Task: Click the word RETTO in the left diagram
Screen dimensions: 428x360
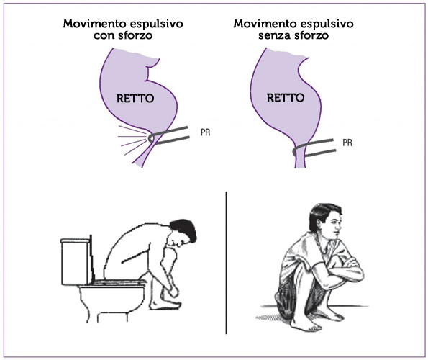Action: [x=135, y=99]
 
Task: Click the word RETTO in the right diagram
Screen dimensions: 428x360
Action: [x=286, y=97]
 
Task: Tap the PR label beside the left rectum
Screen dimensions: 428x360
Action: [x=205, y=132]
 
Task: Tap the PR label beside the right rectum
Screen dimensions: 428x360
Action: [x=347, y=143]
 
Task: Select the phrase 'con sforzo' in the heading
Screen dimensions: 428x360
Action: [x=123, y=35]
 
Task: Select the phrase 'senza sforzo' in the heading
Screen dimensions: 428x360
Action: [x=293, y=35]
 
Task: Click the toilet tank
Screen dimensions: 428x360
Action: [x=76, y=261]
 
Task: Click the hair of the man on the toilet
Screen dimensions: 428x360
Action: [x=183, y=229]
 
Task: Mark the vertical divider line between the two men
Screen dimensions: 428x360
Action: [x=227, y=263]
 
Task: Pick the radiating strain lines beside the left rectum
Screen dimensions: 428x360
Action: [x=132, y=139]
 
